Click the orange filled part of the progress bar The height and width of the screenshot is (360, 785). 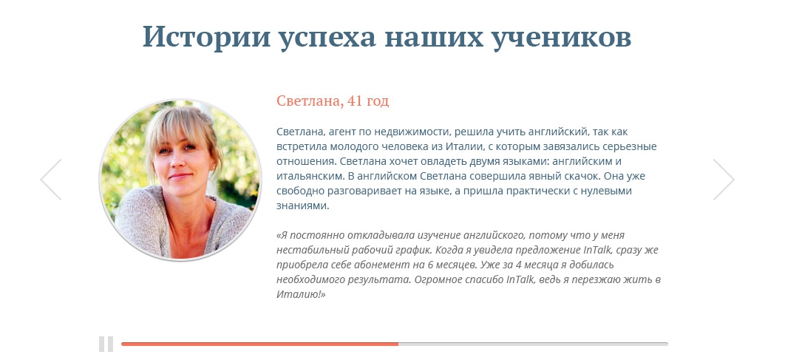tap(260, 344)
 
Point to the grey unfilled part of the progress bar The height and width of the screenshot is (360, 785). tap(533, 344)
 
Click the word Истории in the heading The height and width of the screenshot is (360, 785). tap(205, 37)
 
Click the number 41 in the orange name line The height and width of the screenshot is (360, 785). tap(355, 101)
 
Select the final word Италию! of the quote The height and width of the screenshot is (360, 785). tap(301, 294)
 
